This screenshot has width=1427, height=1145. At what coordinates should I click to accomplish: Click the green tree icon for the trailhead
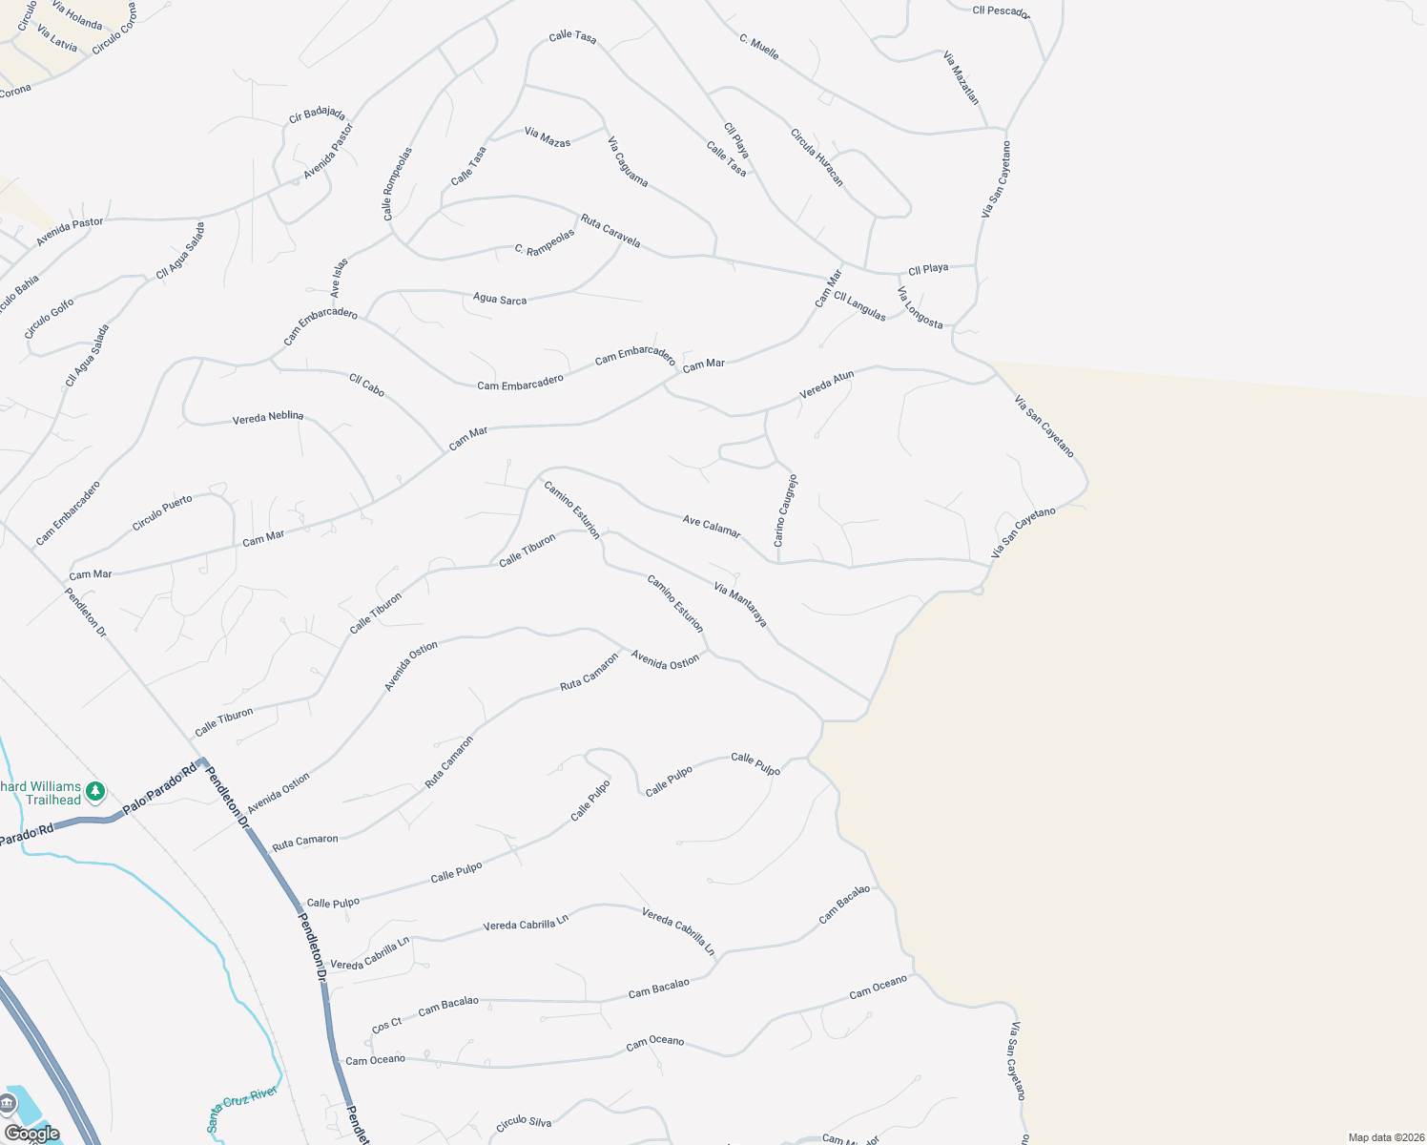(x=94, y=791)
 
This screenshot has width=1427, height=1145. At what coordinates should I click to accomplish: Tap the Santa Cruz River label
(x=242, y=1108)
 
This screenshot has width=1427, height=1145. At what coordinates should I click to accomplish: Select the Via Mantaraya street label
(x=740, y=604)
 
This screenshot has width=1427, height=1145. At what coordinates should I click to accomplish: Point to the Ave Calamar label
(x=712, y=526)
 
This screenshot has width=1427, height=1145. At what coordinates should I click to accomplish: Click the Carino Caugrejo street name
(x=785, y=510)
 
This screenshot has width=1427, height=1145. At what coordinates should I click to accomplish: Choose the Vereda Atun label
(x=826, y=385)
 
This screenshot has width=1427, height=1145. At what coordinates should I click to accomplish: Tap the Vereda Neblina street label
(x=268, y=417)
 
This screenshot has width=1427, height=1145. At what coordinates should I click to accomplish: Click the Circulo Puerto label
(x=162, y=512)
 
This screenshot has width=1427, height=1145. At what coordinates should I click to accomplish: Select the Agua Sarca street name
(x=500, y=299)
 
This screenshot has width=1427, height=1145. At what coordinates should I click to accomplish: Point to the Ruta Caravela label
(x=610, y=231)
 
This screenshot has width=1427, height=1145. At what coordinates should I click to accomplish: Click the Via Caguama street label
(x=628, y=161)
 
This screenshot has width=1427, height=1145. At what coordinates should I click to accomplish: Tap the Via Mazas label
(x=548, y=137)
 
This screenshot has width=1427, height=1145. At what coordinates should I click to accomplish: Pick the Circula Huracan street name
(x=817, y=156)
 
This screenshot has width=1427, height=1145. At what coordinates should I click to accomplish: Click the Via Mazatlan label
(x=961, y=77)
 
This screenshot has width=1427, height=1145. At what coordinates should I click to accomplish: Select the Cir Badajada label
(x=317, y=115)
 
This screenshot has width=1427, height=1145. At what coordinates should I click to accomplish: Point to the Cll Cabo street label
(x=366, y=385)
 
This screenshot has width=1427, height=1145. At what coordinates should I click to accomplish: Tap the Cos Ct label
(x=386, y=1025)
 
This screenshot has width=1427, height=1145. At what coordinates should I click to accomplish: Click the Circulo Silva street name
(x=524, y=1123)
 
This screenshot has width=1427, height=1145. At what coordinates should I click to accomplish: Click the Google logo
(x=31, y=1133)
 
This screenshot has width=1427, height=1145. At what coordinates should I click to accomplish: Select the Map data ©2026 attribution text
(x=1385, y=1137)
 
